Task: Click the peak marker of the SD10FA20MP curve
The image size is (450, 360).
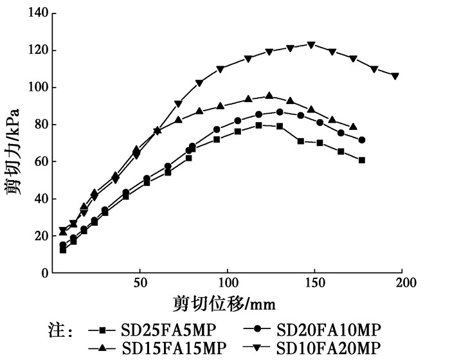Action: click(311, 45)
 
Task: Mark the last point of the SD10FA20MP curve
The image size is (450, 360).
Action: click(395, 76)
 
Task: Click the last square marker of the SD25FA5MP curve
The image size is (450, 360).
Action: click(362, 160)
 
